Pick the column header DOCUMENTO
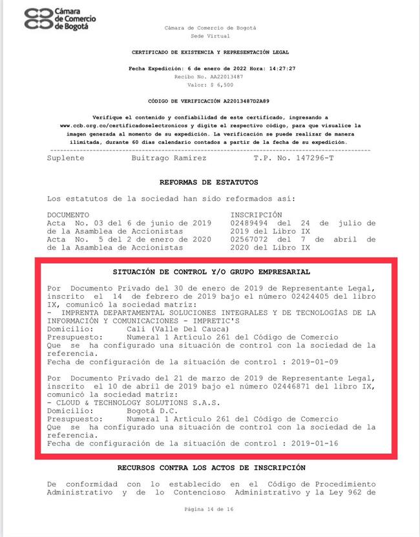coord(68,214)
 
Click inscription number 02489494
coord(253,222)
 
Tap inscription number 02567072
coord(253,239)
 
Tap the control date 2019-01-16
coord(315,443)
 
